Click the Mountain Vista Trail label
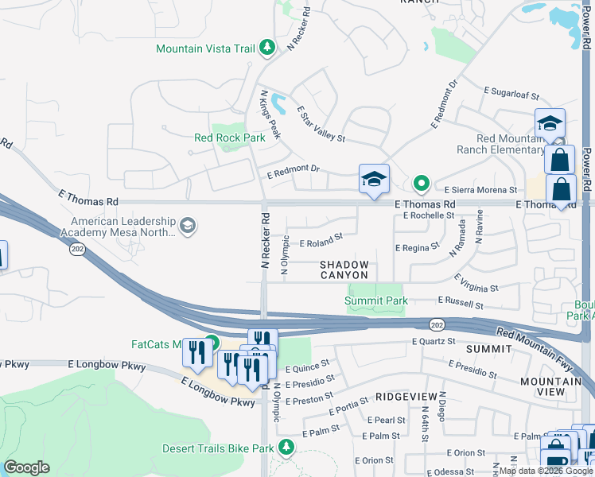(205, 48)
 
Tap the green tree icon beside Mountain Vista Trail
(268, 48)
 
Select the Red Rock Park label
(229, 138)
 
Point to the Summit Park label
(376, 301)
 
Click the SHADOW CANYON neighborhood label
(344, 270)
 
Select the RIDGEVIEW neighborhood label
(406, 396)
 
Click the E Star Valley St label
(321, 125)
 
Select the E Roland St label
(321, 238)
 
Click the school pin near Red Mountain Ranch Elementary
(549, 124)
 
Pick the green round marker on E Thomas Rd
(422, 184)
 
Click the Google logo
(27, 467)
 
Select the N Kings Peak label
(270, 114)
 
